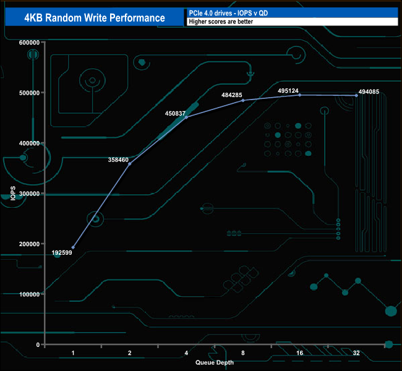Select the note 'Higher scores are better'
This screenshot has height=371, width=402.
(x=221, y=22)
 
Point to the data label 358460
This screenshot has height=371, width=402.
(x=118, y=160)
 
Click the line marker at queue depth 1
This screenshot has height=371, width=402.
(x=73, y=247)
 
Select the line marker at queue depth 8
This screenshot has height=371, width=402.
(x=243, y=100)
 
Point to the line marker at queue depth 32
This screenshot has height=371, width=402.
(x=356, y=95)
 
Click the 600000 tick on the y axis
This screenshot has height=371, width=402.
(x=29, y=42)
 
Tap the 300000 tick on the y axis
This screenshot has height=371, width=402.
(x=29, y=193)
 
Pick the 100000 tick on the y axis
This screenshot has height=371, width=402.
(x=29, y=294)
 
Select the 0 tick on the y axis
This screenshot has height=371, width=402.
(x=38, y=344)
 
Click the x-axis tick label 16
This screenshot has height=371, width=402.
(x=299, y=353)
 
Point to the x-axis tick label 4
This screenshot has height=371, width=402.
(x=186, y=353)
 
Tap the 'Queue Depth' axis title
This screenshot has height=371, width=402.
(x=214, y=362)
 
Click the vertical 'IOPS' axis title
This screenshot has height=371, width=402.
(x=13, y=193)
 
